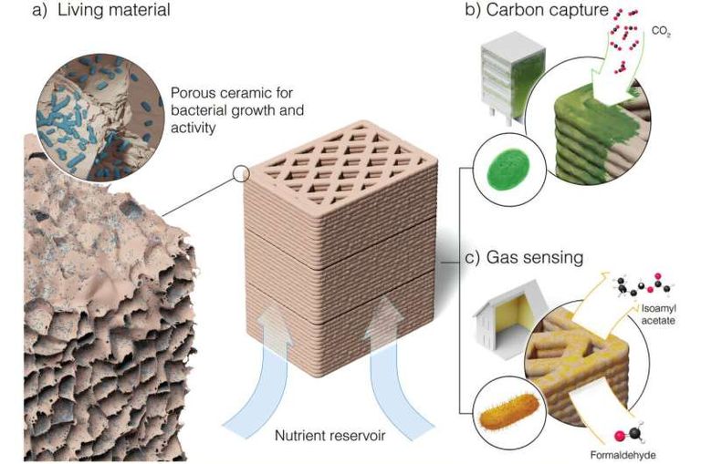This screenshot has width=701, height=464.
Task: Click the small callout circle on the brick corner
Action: click(x=242, y=172)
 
